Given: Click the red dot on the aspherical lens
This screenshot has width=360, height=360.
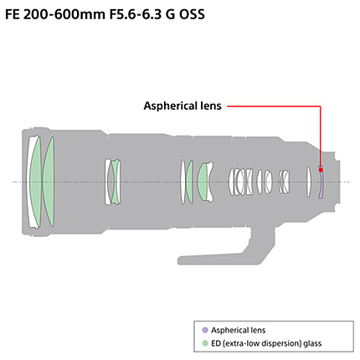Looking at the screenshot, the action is [x=321, y=170].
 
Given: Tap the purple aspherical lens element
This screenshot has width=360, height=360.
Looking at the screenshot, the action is [x=321, y=184].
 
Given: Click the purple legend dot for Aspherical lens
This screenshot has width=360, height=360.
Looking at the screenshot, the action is [x=205, y=330].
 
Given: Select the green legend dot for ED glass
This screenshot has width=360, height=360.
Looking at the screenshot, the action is [x=205, y=343].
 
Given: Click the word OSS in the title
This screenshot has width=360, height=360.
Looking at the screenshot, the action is [x=192, y=14].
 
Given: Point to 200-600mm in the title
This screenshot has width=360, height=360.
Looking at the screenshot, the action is [x=64, y=14].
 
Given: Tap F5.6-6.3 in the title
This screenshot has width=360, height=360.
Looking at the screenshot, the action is [x=135, y=14].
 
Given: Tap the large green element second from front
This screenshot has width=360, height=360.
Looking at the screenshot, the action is [x=36, y=182].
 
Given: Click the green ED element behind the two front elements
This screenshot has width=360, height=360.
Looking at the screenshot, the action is [x=48, y=182].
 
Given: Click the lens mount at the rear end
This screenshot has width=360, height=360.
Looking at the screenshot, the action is [x=337, y=182].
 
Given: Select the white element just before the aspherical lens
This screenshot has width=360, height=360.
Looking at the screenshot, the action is [x=308, y=182].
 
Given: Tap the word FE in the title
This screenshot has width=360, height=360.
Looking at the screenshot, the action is [x=13, y=14].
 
